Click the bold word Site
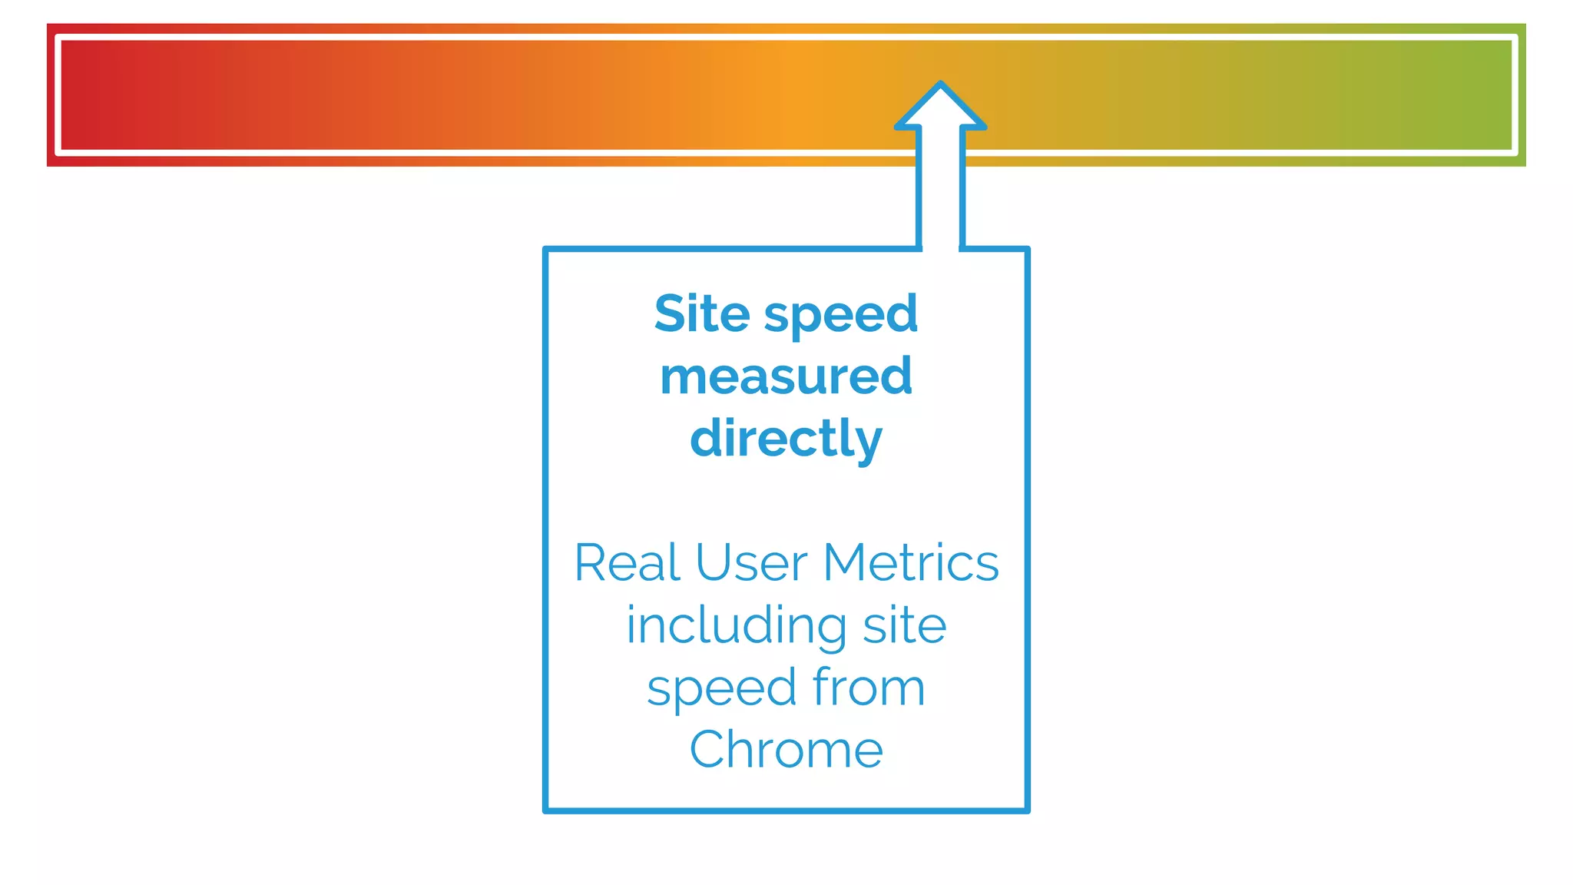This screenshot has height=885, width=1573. coord(701,314)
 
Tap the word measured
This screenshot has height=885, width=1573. coord(786,376)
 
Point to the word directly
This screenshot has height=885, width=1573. coord(786,439)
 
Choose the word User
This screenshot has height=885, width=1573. coord(750,563)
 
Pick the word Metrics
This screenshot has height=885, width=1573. coord(910,563)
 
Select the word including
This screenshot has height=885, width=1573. coord(737,625)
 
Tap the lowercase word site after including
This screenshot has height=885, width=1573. coord(904,625)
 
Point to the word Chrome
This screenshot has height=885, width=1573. coord(786,750)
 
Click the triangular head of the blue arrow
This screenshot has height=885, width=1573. coord(940,108)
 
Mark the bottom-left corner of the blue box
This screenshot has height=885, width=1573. coord(546,810)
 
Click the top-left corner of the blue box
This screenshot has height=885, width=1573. coord(546,250)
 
